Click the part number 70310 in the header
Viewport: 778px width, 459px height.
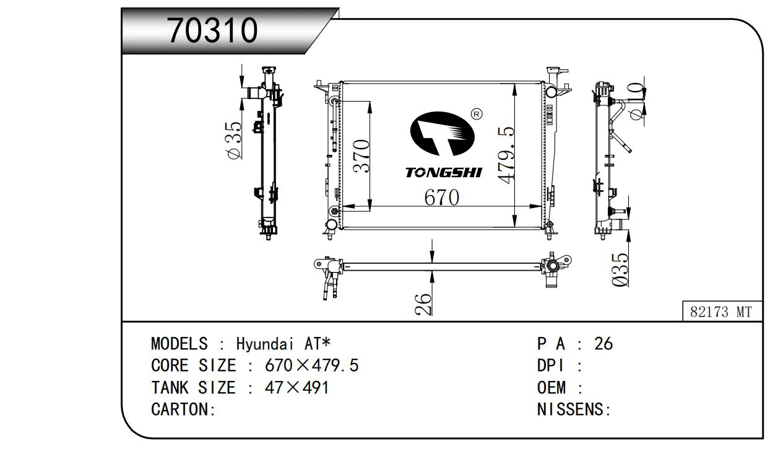click(x=212, y=30)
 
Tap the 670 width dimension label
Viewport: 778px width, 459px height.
click(x=441, y=198)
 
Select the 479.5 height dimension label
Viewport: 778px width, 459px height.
click(x=506, y=155)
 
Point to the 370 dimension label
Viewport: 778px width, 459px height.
click(x=361, y=156)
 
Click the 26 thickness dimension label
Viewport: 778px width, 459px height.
click(x=423, y=304)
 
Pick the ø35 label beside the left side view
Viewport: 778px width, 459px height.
click(x=235, y=140)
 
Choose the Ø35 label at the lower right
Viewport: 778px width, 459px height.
click(x=620, y=269)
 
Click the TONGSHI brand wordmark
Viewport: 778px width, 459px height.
click(x=444, y=172)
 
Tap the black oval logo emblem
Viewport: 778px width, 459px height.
click(x=442, y=134)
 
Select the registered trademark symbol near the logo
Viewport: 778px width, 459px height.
click(x=477, y=114)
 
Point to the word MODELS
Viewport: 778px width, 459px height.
click(x=179, y=344)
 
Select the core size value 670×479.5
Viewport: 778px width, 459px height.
click(x=311, y=365)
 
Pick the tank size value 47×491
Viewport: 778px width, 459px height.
click(x=296, y=387)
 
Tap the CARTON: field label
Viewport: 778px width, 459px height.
click(x=183, y=409)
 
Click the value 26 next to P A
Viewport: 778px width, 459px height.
click(x=603, y=344)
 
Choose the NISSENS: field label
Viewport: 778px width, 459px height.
click(x=574, y=409)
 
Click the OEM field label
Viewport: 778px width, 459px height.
click(x=551, y=387)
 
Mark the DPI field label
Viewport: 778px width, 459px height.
click(x=550, y=365)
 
